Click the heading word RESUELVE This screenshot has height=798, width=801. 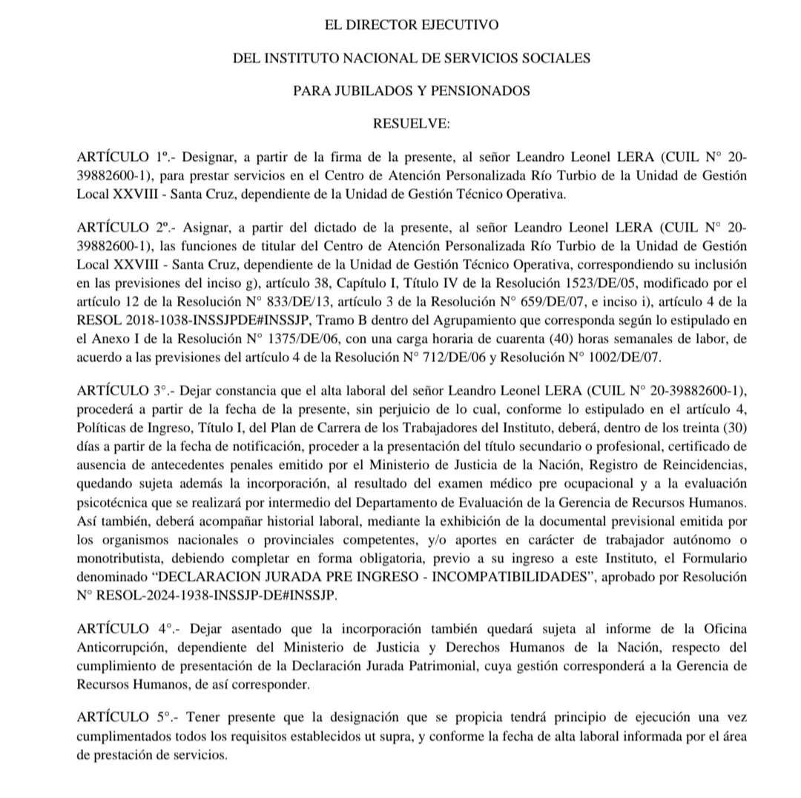coord(411,124)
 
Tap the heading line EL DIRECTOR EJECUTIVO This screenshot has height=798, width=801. coord(412,25)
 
